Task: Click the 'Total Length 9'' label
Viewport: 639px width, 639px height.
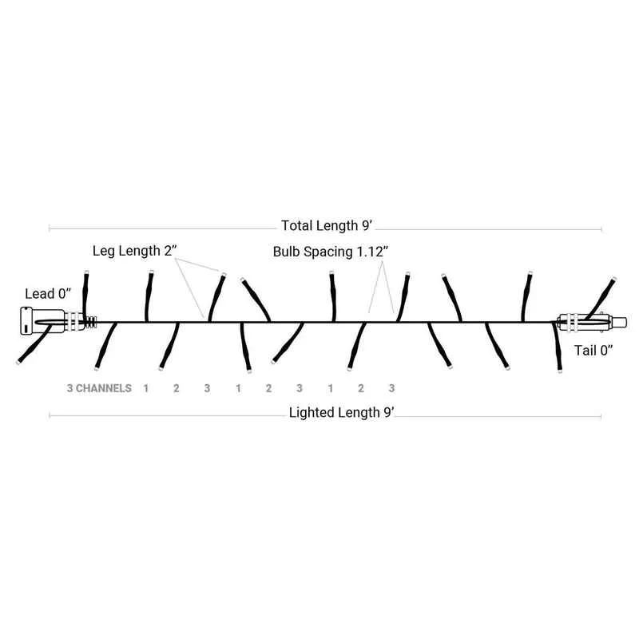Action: pyautogui.click(x=327, y=225)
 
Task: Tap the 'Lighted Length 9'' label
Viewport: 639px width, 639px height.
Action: pyautogui.click(x=342, y=412)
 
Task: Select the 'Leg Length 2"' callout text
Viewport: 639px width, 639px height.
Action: pyautogui.click(x=135, y=251)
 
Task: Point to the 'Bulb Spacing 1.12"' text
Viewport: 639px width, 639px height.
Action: pyautogui.click(x=331, y=252)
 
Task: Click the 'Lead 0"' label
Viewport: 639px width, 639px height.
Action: pyautogui.click(x=48, y=293)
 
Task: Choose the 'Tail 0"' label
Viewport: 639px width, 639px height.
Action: pyautogui.click(x=593, y=350)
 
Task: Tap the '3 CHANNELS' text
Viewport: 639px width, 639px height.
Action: pyautogui.click(x=99, y=388)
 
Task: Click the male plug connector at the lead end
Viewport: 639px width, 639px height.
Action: pyautogui.click(x=42, y=321)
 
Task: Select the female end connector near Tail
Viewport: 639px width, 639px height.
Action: pyautogui.click(x=593, y=323)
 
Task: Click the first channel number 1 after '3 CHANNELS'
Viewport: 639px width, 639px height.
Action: pyautogui.click(x=146, y=388)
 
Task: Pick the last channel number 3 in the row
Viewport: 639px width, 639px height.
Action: pyautogui.click(x=391, y=388)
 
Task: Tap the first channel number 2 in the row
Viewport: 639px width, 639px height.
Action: pyautogui.click(x=176, y=388)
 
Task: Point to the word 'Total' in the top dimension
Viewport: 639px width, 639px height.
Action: pyautogui.click(x=296, y=225)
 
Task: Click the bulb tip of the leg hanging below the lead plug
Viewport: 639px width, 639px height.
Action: pyautogui.click(x=18, y=362)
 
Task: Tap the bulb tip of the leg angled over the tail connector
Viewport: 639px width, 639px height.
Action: pyautogui.click(x=613, y=279)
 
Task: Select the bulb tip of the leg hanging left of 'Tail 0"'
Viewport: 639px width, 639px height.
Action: pyautogui.click(x=560, y=371)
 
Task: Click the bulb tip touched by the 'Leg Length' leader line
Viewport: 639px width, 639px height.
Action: pyautogui.click(x=224, y=274)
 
